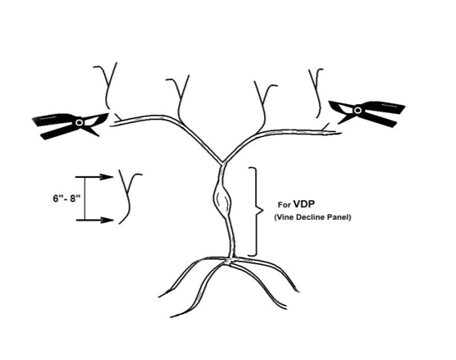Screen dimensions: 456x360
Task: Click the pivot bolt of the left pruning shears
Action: click(79, 122)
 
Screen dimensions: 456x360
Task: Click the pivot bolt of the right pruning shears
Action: click(358, 110)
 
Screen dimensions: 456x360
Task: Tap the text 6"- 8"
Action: click(66, 198)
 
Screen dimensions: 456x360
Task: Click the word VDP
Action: click(304, 204)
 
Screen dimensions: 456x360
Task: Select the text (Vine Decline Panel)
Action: click(312, 217)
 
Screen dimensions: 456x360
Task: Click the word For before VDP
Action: click(284, 205)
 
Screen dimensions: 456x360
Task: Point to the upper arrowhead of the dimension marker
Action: click(106, 176)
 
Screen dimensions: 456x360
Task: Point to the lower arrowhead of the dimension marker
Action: click(107, 220)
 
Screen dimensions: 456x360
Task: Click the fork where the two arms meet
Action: click(223, 162)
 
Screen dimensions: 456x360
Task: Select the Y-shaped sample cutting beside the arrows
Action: click(128, 198)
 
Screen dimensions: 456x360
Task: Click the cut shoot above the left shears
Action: click(108, 87)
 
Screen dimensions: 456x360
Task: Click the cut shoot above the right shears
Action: click(317, 93)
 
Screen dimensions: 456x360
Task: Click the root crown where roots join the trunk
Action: click(230, 260)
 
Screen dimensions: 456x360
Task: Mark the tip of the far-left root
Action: click(159, 297)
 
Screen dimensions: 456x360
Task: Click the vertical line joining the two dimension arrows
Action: click(85, 198)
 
